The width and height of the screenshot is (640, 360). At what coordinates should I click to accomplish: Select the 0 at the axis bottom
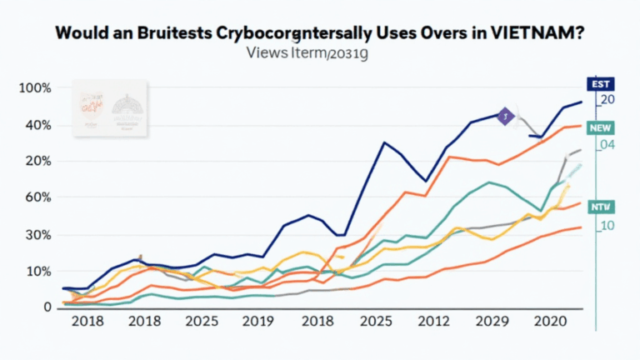pos(47,307)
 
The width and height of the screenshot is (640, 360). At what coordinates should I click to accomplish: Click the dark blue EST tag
pos(600,84)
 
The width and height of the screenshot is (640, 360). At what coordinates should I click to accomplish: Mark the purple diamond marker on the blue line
pos(503,117)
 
